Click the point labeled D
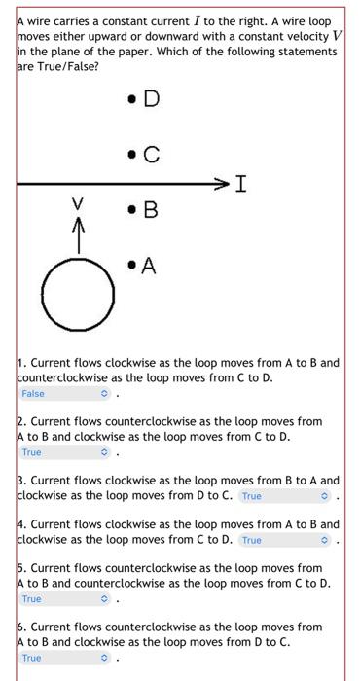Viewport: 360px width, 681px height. coord(131,98)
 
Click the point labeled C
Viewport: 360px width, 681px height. coord(131,154)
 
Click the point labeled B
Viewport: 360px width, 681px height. coord(131,209)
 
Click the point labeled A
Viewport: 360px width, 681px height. coord(131,265)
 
